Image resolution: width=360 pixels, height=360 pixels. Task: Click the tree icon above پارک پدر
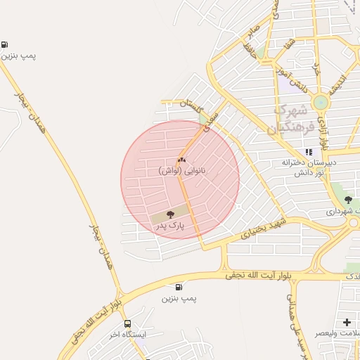(169, 214)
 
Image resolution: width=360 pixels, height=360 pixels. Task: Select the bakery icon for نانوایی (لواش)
(181, 160)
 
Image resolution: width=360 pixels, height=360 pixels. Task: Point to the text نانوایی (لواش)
(182, 171)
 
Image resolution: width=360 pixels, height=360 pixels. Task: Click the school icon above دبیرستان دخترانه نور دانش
(308, 152)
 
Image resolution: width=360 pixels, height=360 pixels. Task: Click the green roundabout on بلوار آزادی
(321, 103)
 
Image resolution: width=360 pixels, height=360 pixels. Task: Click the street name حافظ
(248, 50)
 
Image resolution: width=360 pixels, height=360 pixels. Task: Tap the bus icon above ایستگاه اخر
(127, 323)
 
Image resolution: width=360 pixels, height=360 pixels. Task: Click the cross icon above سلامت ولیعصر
(347, 322)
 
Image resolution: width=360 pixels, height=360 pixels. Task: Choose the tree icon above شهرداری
(348, 200)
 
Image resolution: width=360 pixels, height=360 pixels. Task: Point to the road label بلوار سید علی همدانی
(296, 323)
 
